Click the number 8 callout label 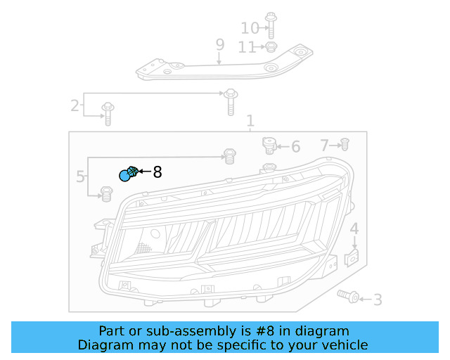click(157, 172)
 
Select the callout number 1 click(250, 122)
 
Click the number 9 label click(219, 45)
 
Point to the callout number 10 click(250, 28)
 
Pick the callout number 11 click(247, 47)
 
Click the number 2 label click(75, 106)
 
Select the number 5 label click(80, 176)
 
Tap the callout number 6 click(295, 147)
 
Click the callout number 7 click(324, 146)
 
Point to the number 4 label click(354, 229)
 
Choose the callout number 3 click(378, 300)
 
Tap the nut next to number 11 click(269, 47)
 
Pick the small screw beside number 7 click(345, 145)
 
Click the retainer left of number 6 click(268, 146)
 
